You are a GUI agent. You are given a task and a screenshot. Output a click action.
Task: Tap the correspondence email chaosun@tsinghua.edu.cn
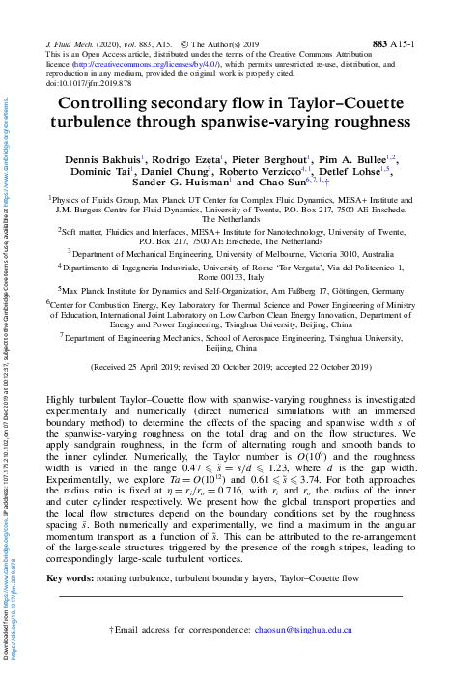pyautogui.click(x=301, y=629)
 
